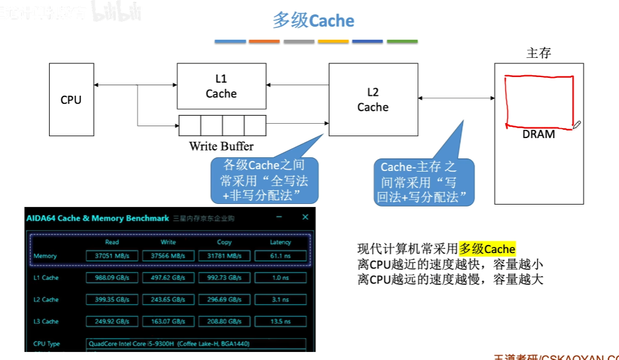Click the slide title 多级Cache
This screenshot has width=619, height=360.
[314, 21]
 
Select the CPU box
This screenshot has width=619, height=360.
[71, 99]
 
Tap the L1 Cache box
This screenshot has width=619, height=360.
[221, 86]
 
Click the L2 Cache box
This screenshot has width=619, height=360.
[373, 99]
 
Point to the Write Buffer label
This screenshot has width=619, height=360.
[221, 147]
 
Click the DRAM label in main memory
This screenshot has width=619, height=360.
[539, 134]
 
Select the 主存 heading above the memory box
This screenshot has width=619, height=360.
[539, 53]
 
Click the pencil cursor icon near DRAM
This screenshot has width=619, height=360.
[577, 125]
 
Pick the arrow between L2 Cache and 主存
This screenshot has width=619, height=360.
[456, 98]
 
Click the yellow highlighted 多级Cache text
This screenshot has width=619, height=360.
[487, 249]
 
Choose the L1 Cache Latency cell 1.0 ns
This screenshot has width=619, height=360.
[281, 278]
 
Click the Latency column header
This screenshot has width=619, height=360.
[281, 242]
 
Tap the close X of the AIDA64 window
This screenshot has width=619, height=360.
[305, 217]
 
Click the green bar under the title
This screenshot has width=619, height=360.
[402, 42]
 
